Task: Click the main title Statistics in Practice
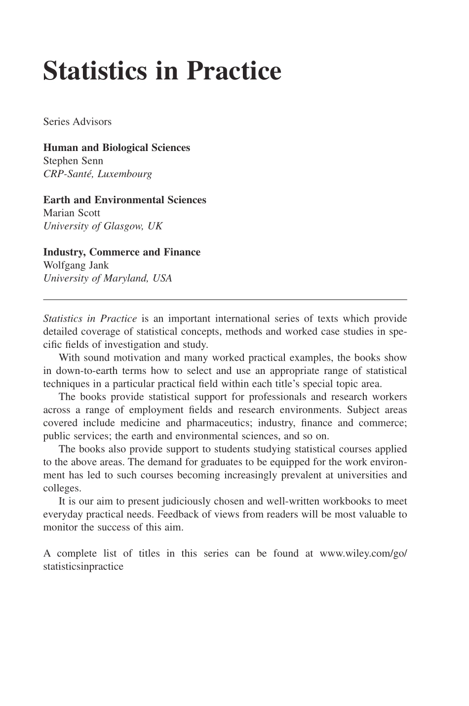pos(162,72)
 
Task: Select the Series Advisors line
pos(77,121)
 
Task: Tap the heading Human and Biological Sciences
pos(117,148)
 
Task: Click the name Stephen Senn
pos(73,161)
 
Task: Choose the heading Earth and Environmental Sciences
pos(124,200)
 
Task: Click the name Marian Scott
pos(72,213)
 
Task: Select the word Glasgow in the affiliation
pos(123,226)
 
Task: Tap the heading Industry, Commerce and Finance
pos(121,252)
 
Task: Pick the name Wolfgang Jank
pos(76,265)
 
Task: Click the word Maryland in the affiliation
pos(125,278)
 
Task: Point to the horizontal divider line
pos(225,299)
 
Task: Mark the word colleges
pos(62,488)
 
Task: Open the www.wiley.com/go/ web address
pos(363,554)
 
